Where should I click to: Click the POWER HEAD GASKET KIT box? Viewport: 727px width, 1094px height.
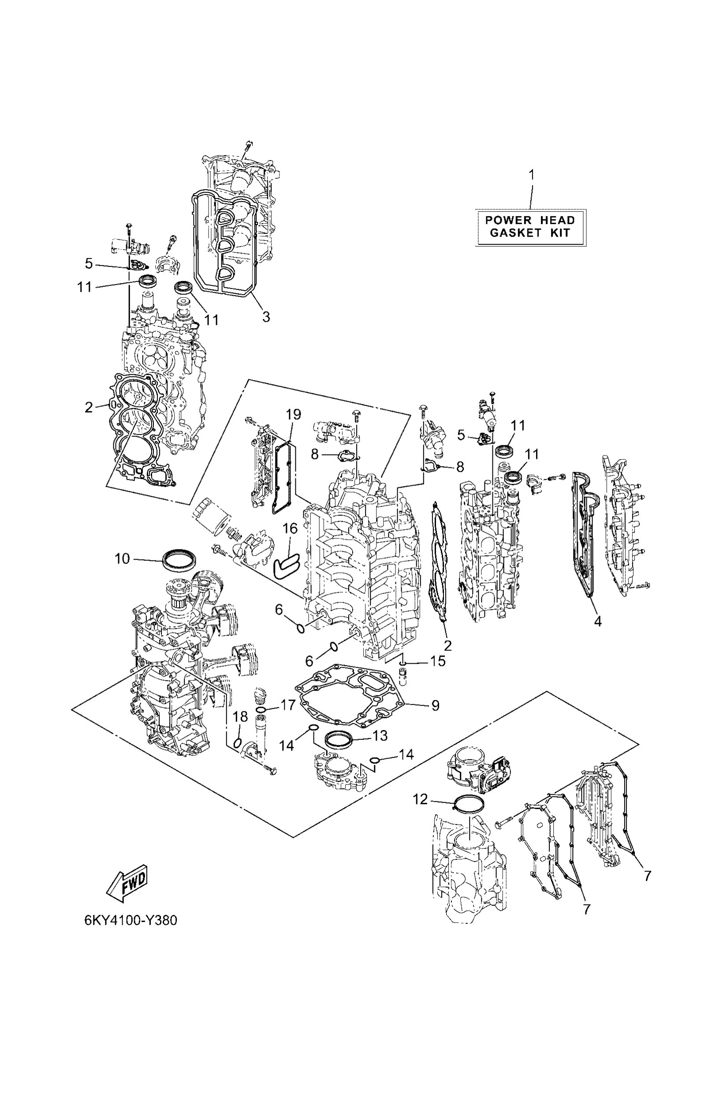point(531,227)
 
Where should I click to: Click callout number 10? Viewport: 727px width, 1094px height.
point(122,559)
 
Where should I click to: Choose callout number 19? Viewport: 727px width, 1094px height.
point(293,414)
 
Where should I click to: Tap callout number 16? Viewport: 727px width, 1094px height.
point(290,528)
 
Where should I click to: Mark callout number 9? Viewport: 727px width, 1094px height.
point(435,706)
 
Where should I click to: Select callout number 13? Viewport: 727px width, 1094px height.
point(380,736)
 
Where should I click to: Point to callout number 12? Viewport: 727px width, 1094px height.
point(421,799)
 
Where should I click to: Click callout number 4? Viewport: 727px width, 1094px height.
point(598,621)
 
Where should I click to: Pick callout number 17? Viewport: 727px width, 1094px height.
point(288,705)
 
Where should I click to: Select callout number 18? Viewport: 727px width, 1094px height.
point(240,717)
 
